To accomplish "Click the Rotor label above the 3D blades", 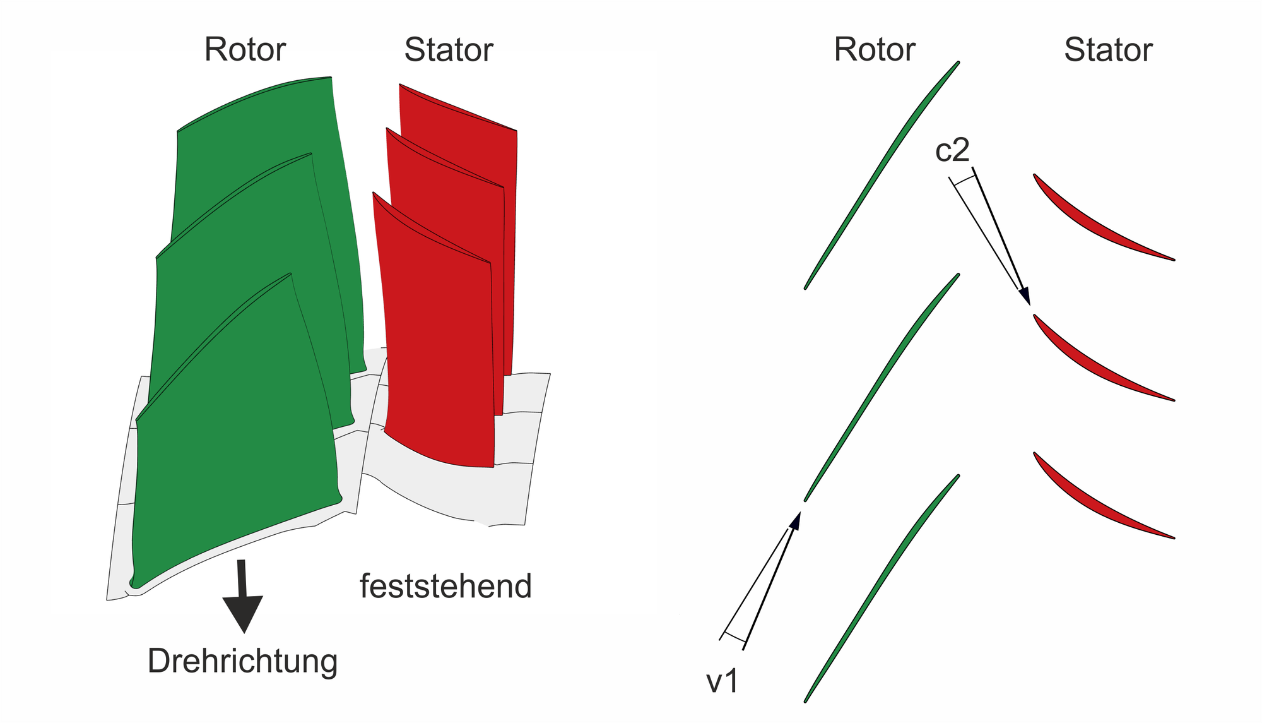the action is [x=245, y=49].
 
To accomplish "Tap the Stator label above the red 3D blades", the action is [x=449, y=49].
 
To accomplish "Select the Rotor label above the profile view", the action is [x=875, y=49].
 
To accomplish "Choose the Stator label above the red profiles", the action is [x=1109, y=49].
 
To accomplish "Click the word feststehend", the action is [x=446, y=586].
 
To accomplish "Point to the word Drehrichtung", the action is [x=243, y=661].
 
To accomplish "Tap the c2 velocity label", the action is [x=952, y=150].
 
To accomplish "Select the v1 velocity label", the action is [x=722, y=682].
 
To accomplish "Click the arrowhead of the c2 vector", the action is [x=1025, y=296].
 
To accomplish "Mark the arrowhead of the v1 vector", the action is [x=795, y=521].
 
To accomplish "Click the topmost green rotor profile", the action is [x=882, y=175].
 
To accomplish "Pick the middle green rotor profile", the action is [x=882, y=387].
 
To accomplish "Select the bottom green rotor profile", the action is [x=882, y=589].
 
